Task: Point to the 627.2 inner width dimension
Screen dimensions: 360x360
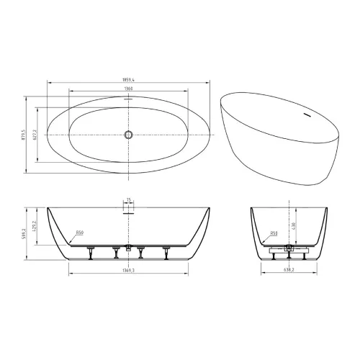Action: point(35,134)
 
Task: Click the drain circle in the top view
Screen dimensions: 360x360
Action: point(129,134)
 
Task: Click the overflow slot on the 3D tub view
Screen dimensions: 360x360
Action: point(307,114)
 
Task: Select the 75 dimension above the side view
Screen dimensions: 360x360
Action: point(129,200)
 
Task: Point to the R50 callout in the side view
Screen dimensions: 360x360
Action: point(79,233)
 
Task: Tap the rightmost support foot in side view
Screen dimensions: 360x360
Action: point(166,251)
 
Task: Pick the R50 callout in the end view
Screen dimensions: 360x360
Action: point(274,233)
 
